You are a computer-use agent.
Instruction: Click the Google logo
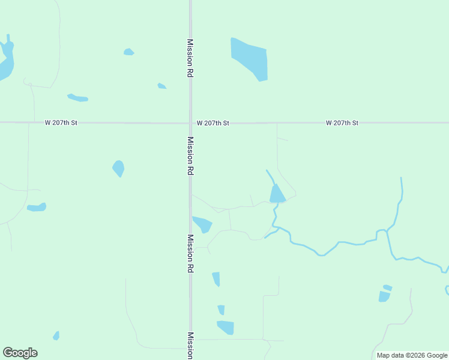pyautogui.click(x=20, y=353)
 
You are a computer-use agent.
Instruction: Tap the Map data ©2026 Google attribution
pyautogui.click(x=412, y=355)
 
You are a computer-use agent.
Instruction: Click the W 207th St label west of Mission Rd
pyautogui.click(x=61, y=123)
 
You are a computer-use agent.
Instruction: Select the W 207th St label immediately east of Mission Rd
pyautogui.click(x=213, y=123)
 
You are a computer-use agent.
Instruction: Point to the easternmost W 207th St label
pyautogui.click(x=342, y=123)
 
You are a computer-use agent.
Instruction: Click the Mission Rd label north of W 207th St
pyautogui.click(x=190, y=58)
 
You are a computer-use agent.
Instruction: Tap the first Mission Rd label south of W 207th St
pyautogui.click(x=190, y=155)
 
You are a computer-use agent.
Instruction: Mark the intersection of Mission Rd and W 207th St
pyautogui.click(x=190, y=123)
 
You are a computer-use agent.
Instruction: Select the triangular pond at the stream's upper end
pyautogui.click(x=277, y=194)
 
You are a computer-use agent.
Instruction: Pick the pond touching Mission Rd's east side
pyautogui.click(x=202, y=224)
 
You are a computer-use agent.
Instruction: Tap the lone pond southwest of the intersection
pyautogui.click(x=119, y=168)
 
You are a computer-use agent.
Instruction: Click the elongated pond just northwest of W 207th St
pyautogui.click(x=78, y=97)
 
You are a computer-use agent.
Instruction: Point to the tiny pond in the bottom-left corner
pyautogui.click(x=56, y=335)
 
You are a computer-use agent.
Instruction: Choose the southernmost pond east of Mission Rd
pyautogui.click(x=226, y=328)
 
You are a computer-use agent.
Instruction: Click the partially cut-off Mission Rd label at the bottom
pyautogui.click(x=190, y=345)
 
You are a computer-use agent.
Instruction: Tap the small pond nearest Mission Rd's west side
pyautogui.click(x=161, y=86)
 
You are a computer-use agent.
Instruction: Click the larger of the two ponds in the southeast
pyautogui.click(x=384, y=296)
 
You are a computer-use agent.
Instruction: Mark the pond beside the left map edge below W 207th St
pyautogui.click(x=37, y=208)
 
